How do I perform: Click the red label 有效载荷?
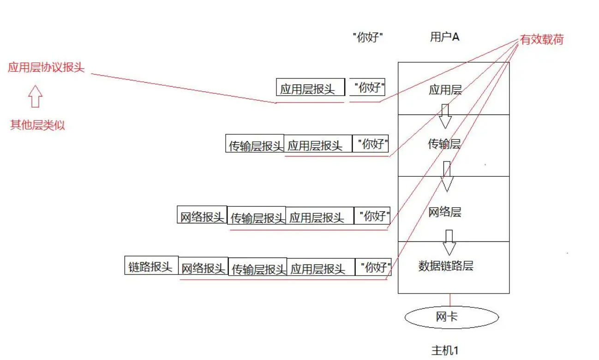542,40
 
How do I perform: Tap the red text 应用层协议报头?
46,67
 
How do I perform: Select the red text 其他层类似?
38,125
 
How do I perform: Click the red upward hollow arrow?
35,97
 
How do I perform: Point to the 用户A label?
444,37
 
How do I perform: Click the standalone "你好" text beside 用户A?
368,38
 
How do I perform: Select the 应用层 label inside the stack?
445,90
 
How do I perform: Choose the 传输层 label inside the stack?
444,144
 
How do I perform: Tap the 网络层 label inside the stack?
445,212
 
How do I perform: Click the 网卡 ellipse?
451,317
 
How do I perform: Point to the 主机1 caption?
445,350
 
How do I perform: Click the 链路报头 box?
151,267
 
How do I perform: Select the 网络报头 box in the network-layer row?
202,216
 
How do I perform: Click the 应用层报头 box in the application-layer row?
310,88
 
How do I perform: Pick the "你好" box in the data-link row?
373,267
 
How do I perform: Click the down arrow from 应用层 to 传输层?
445,116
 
